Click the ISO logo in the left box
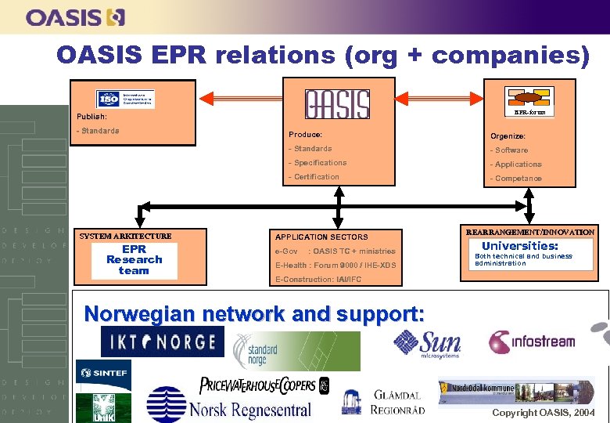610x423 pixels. [125, 99]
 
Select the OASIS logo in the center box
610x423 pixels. [337, 103]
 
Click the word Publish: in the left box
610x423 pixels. [92, 117]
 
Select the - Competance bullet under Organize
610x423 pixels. [515, 179]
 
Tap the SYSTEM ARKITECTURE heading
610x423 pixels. [125, 236]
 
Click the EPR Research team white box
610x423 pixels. [134, 260]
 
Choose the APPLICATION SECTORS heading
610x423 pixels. [321, 237]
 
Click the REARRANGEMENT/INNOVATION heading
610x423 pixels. [529, 233]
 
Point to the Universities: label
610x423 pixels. [519, 246]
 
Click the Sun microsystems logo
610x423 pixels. [427, 342]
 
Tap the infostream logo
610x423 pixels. [532, 342]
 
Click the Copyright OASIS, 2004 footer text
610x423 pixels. [543, 412]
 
